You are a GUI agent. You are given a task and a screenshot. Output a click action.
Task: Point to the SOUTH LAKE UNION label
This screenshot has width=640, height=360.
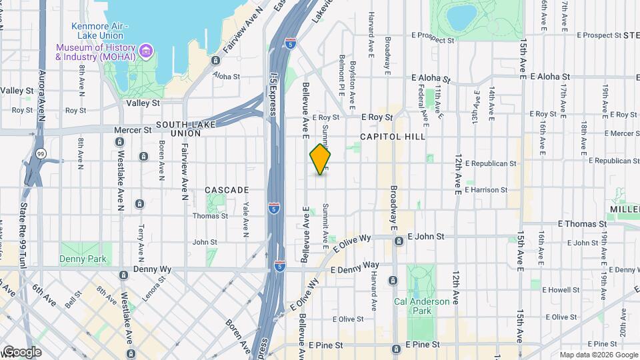(179, 129)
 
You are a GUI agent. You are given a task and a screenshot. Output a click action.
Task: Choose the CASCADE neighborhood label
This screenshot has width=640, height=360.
(227, 190)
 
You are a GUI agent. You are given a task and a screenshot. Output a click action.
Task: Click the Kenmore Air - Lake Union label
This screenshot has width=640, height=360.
(99, 31)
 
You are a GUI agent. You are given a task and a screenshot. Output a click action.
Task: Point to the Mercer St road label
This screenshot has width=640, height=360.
(133, 130)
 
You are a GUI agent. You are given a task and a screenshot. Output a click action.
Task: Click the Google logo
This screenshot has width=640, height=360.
(21, 351)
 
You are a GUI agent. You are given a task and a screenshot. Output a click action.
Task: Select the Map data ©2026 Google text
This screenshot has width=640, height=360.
(599, 355)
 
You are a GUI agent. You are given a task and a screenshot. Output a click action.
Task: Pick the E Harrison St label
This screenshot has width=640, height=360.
(491, 189)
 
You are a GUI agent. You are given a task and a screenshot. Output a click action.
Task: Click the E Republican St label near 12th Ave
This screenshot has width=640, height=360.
(491, 163)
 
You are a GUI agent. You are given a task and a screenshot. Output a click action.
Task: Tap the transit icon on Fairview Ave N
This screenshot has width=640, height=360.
(215, 60)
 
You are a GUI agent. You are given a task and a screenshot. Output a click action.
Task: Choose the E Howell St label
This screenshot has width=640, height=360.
(561, 290)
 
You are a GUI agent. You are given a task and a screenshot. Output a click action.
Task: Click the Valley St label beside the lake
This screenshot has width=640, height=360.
(143, 103)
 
